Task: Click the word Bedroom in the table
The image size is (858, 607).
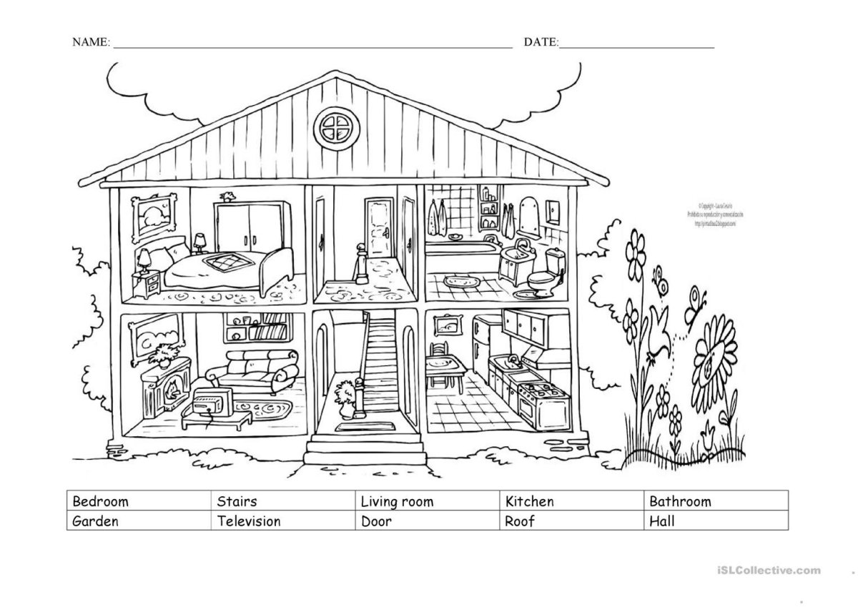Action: point(101,501)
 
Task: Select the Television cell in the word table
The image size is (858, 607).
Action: point(249,520)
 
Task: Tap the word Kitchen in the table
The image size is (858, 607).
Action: point(529,501)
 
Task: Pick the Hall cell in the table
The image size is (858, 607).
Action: point(661,520)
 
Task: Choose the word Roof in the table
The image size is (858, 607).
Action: point(520,520)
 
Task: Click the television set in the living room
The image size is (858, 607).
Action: point(211,403)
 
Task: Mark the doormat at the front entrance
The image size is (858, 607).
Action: point(350,428)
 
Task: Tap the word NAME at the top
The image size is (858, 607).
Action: point(90,43)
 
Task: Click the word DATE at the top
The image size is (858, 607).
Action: point(541,43)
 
